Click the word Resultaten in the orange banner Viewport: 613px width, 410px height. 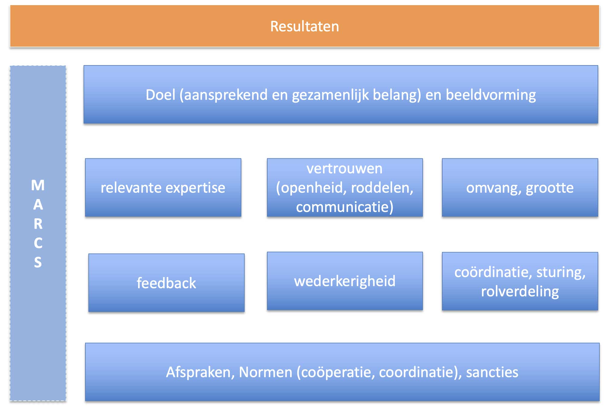pyautogui.click(x=304, y=27)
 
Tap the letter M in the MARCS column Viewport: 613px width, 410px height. pyautogui.click(x=38, y=185)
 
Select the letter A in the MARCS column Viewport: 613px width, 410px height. pyautogui.click(x=38, y=205)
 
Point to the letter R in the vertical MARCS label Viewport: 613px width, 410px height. pyautogui.click(x=38, y=224)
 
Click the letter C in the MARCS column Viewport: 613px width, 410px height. pyautogui.click(x=38, y=243)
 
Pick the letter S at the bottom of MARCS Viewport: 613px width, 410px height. pyautogui.click(x=38, y=262)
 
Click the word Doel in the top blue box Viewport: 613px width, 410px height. pyautogui.click(x=160, y=95)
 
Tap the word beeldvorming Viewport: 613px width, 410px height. pyautogui.click(x=491, y=95)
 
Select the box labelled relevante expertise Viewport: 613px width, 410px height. pyautogui.click(x=163, y=188)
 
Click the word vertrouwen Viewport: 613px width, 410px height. pyautogui.click(x=345, y=169)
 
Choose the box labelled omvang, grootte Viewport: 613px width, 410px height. pyautogui.click(x=520, y=188)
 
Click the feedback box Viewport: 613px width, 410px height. pyautogui.click(x=166, y=283)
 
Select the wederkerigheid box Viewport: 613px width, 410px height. pyautogui.click(x=345, y=281)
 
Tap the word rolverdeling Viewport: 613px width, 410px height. pyautogui.click(x=520, y=292)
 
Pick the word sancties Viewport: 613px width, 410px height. pyautogui.click(x=492, y=372)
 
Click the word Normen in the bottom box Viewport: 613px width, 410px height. pyautogui.click(x=265, y=372)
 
